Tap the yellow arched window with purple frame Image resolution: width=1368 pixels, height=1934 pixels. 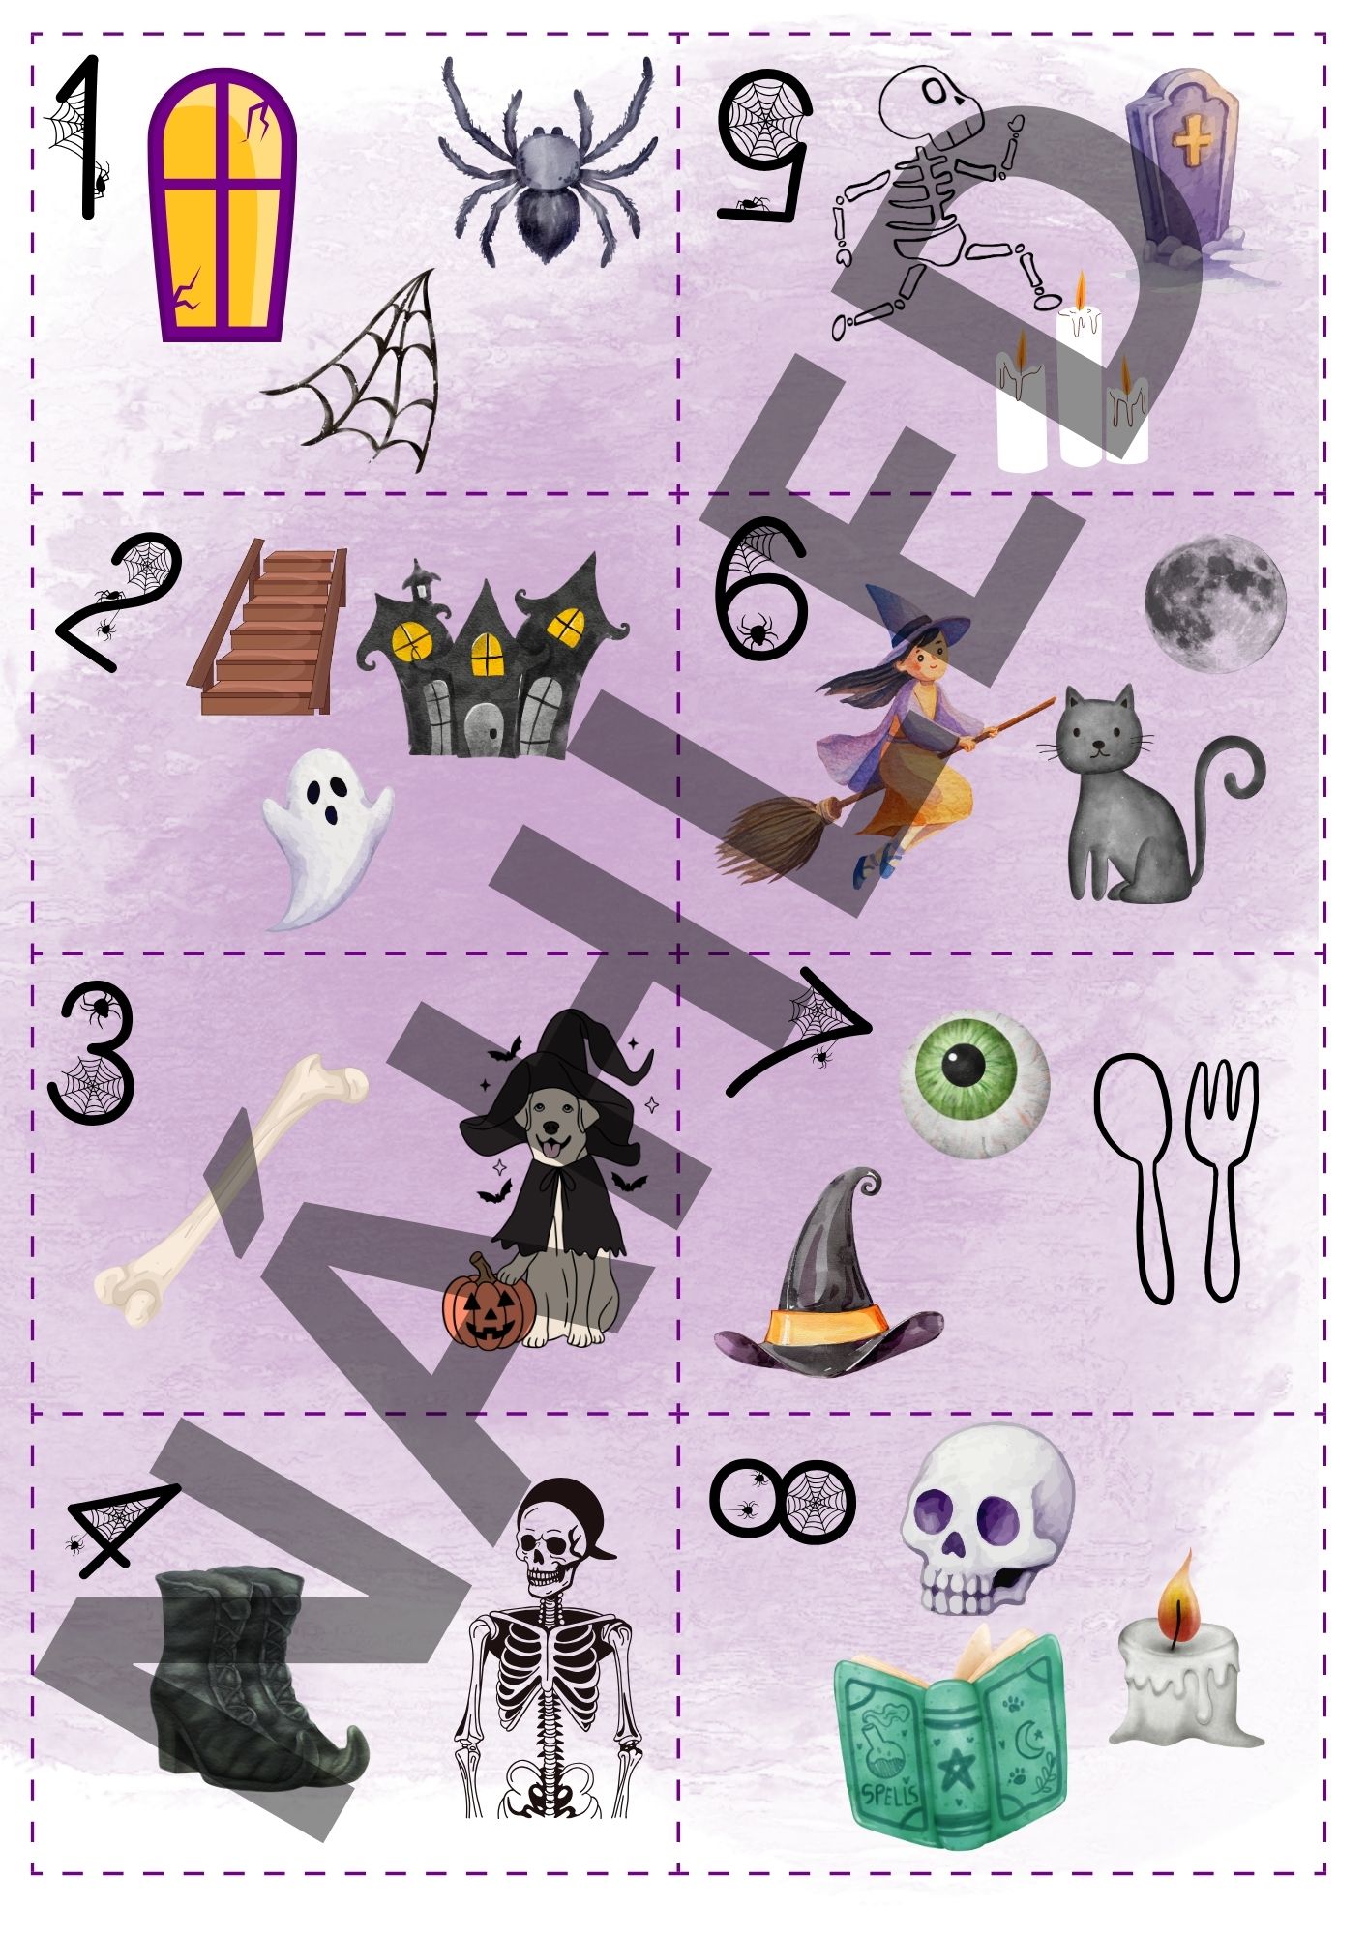pos(222,205)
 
